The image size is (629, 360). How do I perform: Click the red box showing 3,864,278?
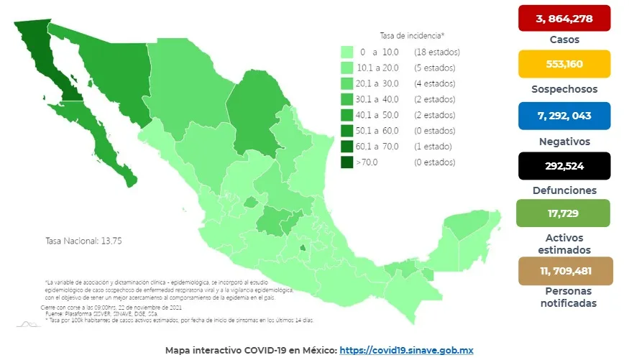(x=564, y=18)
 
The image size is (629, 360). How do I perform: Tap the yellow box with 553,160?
(x=564, y=64)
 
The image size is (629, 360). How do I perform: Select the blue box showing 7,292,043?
(x=564, y=116)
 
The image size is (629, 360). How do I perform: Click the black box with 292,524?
(x=564, y=165)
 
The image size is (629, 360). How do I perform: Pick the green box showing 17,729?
(x=564, y=213)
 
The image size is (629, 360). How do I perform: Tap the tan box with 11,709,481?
(x=564, y=271)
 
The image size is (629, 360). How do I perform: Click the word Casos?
(x=564, y=40)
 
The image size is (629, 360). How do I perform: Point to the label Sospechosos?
(x=564, y=90)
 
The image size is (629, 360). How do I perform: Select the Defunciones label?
(x=564, y=190)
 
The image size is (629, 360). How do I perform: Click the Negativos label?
(x=564, y=142)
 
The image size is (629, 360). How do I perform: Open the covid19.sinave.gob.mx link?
(x=406, y=350)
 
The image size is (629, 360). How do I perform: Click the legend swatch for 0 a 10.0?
(x=346, y=52)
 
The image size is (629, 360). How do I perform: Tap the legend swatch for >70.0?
(x=346, y=162)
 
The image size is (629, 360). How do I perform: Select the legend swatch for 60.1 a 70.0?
(x=346, y=147)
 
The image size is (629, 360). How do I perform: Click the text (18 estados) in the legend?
(x=436, y=52)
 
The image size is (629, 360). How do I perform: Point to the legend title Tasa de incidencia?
(x=412, y=35)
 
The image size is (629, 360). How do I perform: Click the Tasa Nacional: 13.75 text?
(x=83, y=241)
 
